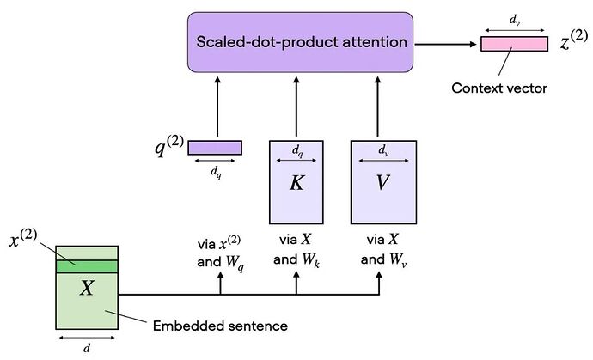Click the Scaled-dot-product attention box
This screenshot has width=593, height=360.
click(x=300, y=42)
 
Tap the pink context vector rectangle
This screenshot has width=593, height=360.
click(x=514, y=44)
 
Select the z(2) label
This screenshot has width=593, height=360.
click(x=574, y=40)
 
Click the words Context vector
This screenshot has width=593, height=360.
click(x=499, y=88)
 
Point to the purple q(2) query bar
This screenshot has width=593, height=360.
click(x=215, y=148)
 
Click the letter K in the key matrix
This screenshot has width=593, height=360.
click(x=296, y=183)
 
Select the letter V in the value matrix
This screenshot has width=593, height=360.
click(x=382, y=183)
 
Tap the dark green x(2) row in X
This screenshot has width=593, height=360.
click(x=87, y=266)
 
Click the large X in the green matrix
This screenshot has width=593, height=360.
click(x=87, y=288)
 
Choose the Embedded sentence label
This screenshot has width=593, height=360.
click(x=220, y=326)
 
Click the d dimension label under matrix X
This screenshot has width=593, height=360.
click(x=87, y=348)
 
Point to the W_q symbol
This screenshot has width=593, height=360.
click(x=235, y=262)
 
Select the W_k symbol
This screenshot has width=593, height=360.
click(x=311, y=260)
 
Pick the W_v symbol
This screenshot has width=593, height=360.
click(x=398, y=260)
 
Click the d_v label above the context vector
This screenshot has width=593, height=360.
click(x=514, y=20)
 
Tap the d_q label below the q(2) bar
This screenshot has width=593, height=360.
click(x=216, y=173)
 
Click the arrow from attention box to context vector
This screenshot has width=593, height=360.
click(x=445, y=44)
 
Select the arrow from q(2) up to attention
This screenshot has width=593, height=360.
click(x=217, y=107)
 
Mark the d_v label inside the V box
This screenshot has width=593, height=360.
click(x=383, y=151)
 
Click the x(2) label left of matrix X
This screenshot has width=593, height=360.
click(x=22, y=239)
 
